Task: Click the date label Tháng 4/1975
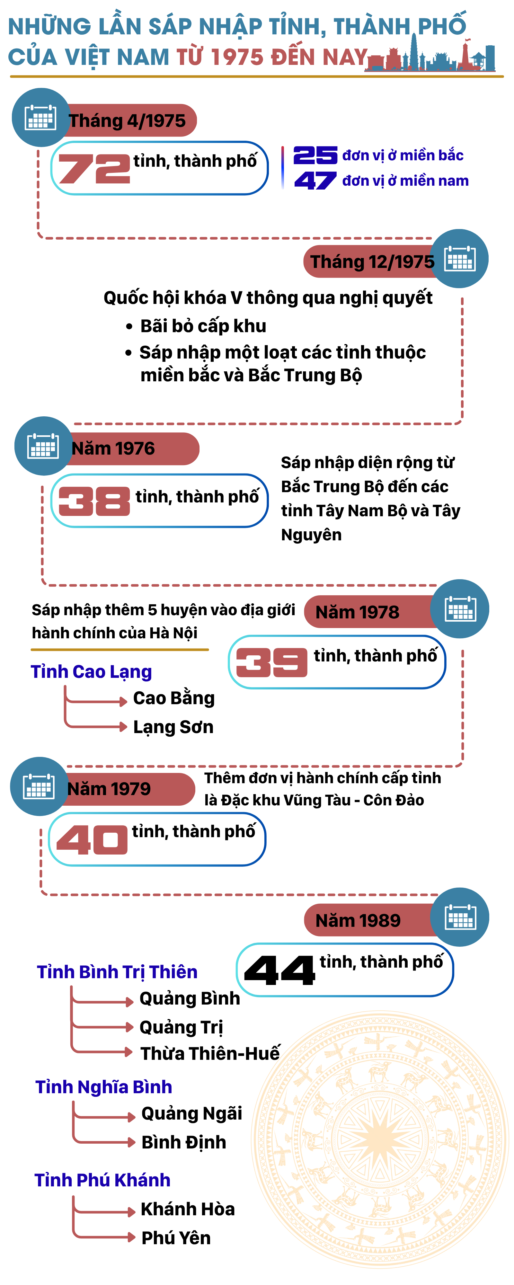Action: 127,121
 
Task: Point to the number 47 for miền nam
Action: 315,181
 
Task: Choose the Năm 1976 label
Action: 113,448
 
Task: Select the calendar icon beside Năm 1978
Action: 460,609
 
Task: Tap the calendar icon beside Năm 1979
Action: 39,787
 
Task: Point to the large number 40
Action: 92,839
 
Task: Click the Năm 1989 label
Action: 358,920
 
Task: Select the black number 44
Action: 279,970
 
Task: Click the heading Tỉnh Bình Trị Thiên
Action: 117,972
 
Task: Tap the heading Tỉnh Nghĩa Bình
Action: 104,1087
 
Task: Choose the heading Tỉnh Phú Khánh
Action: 102,1180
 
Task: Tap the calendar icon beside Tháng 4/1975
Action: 40,118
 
